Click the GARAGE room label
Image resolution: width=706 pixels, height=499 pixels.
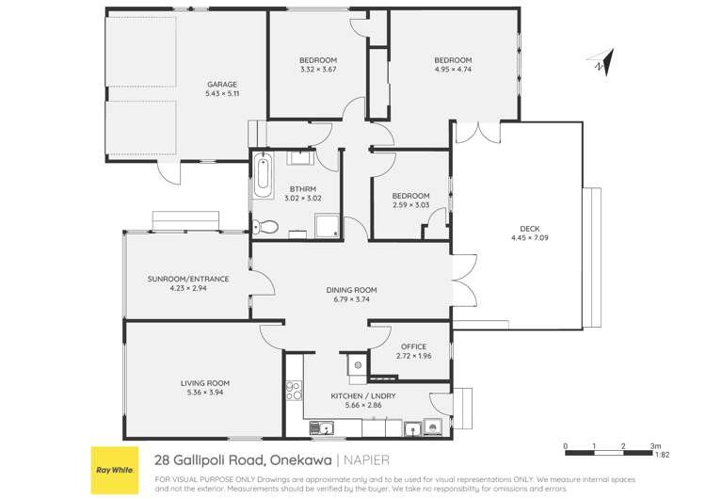coord(222,84)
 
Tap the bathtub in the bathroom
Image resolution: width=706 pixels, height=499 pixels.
coord(261,175)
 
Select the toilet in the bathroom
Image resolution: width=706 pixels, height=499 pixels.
coord(266,226)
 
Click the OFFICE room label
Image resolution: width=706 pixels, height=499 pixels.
coord(414,346)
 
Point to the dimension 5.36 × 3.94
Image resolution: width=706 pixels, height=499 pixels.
coord(205,393)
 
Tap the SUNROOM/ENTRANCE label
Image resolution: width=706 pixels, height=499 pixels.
coord(188,279)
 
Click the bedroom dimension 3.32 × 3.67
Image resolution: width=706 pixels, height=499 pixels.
coord(318,69)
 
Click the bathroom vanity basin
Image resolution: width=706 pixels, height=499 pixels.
coord(301,156)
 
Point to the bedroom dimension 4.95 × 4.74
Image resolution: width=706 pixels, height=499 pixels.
coord(453,69)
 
